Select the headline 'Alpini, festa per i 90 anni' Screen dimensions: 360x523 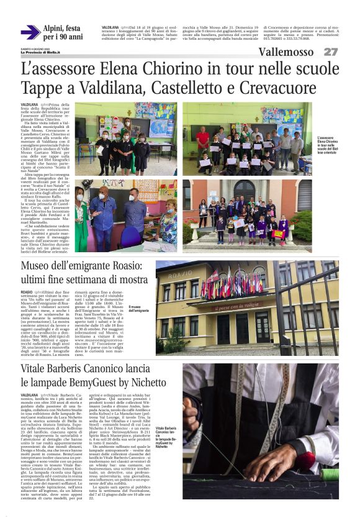click(62, 32)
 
